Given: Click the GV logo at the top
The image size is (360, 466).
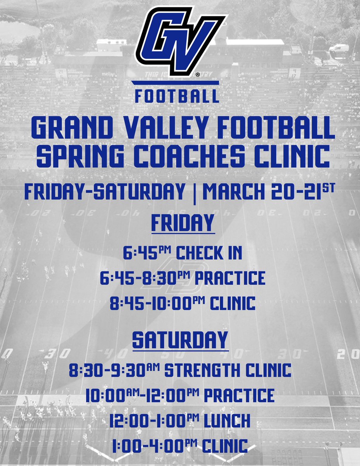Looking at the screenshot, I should point(180,41).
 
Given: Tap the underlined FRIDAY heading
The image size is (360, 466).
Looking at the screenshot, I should point(183,223).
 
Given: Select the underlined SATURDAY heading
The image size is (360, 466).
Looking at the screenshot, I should point(180,339).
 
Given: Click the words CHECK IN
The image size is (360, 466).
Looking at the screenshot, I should point(209,253).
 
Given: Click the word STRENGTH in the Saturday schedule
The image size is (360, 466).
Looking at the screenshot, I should point(202,370).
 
